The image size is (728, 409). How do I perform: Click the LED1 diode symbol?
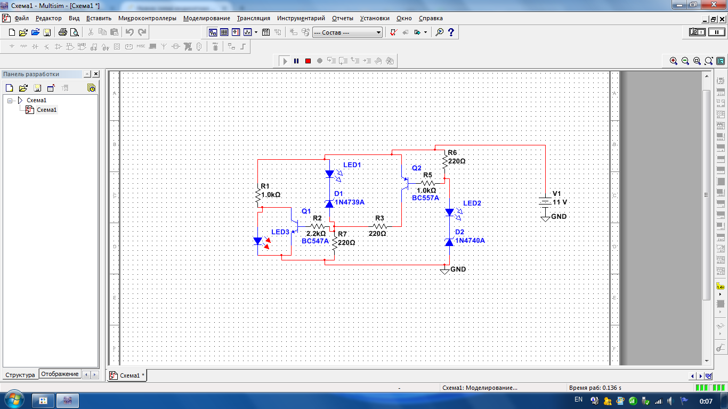[332, 175]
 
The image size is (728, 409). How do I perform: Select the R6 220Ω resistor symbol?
[444, 161]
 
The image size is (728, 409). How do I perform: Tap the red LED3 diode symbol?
[261, 241]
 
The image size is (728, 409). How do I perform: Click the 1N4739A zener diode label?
[350, 202]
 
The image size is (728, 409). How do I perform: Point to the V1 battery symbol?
[545, 201]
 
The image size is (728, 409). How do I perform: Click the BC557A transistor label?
[425, 198]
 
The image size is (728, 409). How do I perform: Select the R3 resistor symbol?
[379, 226]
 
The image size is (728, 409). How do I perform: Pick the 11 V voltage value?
[560, 202]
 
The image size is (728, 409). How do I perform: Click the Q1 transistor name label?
[306, 211]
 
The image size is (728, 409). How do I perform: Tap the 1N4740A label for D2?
[470, 240]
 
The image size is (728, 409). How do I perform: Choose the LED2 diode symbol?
[452, 213]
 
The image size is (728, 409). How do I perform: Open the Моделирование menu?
[207, 18]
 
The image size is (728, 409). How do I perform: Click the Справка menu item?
[431, 18]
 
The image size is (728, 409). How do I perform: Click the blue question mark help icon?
[451, 32]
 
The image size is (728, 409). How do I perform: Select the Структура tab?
[20, 374]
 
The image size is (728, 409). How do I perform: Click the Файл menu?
[21, 18]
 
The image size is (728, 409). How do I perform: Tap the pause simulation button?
[296, 61]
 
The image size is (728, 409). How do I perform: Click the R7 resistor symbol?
[334, 243]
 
